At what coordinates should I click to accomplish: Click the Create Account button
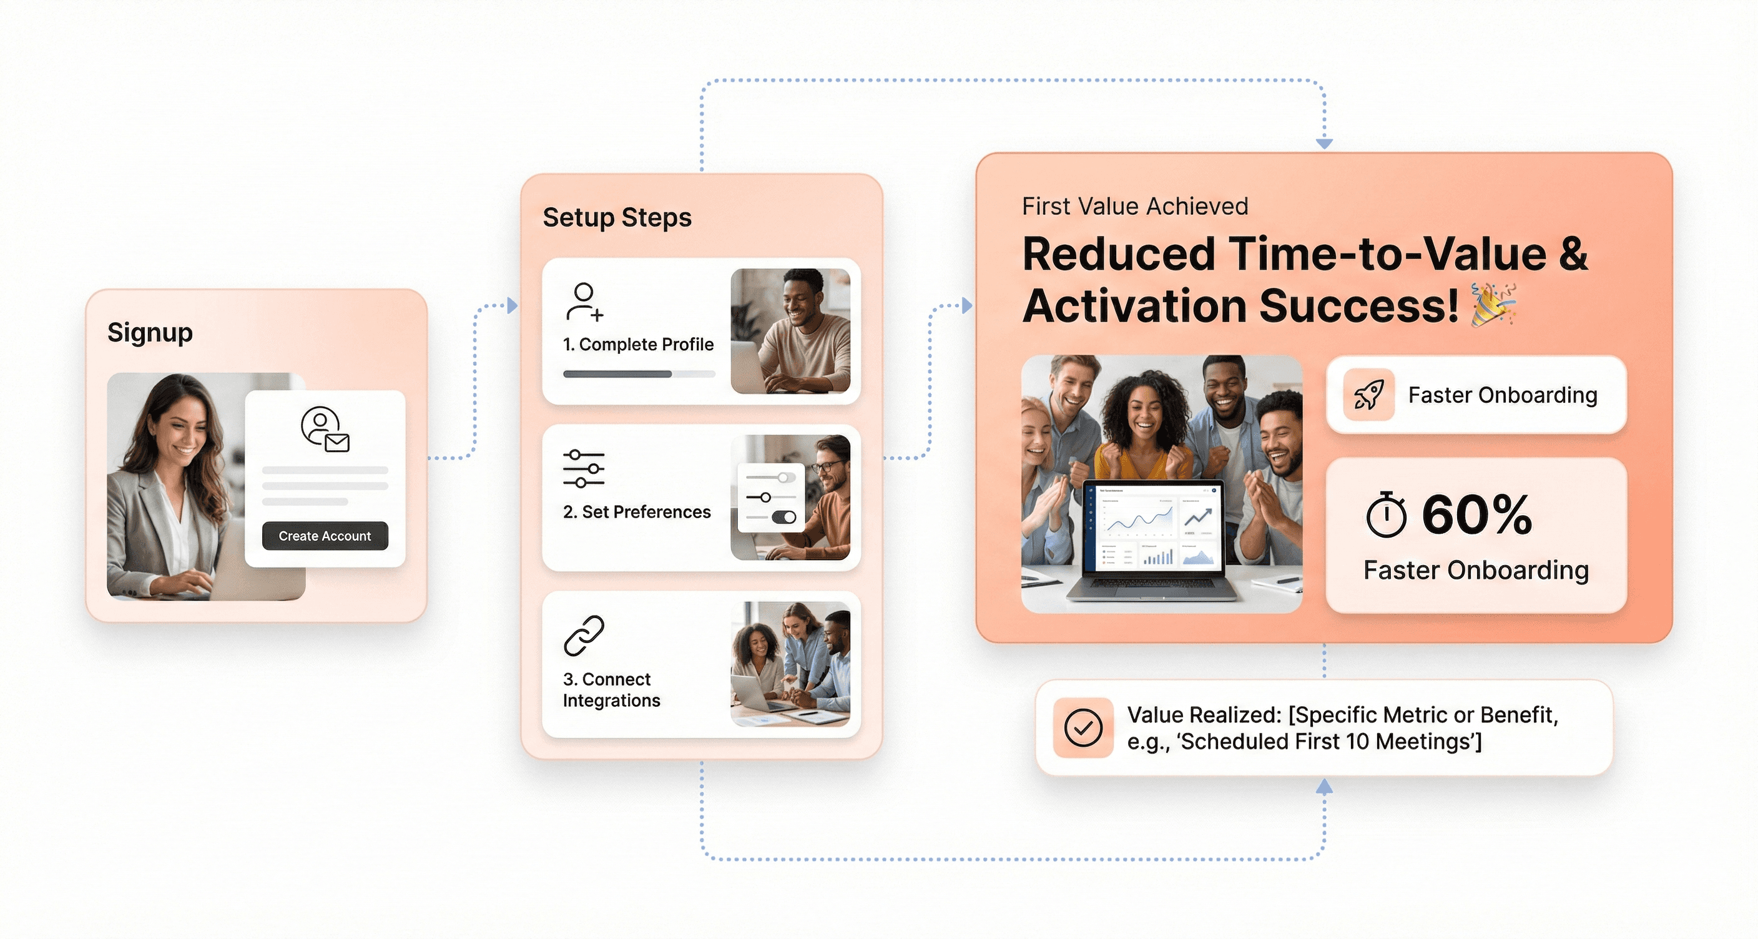coord(325,536)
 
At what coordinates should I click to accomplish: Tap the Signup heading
coord(150,332)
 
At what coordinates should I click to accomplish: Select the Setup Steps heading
coord(617,218)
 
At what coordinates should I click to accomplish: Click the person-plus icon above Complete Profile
coord(584,302)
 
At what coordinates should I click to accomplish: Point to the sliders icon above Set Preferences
coord(584,468)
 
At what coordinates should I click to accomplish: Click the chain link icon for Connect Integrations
coord(584,636)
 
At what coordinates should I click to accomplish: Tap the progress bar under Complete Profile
coord(639,374)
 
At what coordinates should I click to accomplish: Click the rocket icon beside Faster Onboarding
coord(1368,395)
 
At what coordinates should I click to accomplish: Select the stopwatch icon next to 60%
coord(1385,514)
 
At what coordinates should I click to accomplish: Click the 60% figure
coord(1477,514)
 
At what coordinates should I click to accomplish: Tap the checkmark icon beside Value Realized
coord(1083,727)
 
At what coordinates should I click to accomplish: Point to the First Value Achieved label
coord(1135,206)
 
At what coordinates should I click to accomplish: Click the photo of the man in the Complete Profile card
coord(790,331)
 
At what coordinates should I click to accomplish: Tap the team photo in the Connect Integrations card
coord(790,664)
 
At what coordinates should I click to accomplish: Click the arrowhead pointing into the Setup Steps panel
coord(513,306)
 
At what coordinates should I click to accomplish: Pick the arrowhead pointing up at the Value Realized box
coord(1324,787)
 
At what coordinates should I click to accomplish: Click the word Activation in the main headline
coord(1135,306)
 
